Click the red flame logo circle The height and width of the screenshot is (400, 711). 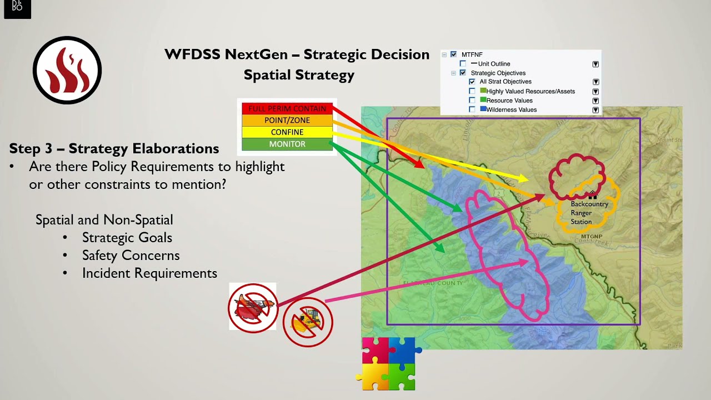pyautogui.click(x=67, y=71)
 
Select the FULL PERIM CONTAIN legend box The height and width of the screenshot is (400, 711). pyautogui.click(x=287, y=108)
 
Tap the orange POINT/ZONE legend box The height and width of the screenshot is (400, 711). pyautogui.click(x=287, y=120)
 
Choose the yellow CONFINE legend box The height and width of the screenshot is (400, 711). pyautogui.click(x=287, y=132)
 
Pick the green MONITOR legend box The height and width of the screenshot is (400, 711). pyautogui.click(x=287, y=144)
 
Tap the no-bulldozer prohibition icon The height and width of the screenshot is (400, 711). pyautogui.click(x=308, y=322)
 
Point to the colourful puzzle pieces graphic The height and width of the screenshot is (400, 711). pyautogui.click(x=389, y=363)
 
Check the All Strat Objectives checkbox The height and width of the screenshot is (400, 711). pyautogui.click(x=472, y=82)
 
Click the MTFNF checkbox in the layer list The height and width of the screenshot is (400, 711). pyautogui.click(x=454, y=54)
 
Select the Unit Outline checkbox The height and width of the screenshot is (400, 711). pyautogui.click(x=463, y=64)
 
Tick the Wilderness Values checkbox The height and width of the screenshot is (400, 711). pyautogui.click(x=472, y=109)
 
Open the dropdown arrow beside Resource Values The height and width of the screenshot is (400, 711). pyautogui.click(x=595, y=101)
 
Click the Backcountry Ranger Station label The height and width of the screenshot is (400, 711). pyautogui.click(x=589, y=213)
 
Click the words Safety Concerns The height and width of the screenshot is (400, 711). pyautogui.click(x=131, y=256)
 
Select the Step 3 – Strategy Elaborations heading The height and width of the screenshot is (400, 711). pyautogui.click(x=114, y=149)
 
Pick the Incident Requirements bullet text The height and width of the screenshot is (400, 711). pyautogui.click(x=149, y=273)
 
